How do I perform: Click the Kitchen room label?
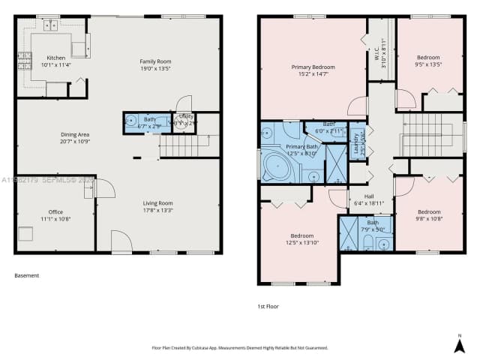point(56,58)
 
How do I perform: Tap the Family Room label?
point(156,61)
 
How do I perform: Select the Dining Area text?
point(75,135)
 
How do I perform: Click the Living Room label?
point(158,203)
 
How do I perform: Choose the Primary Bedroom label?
point(313,67)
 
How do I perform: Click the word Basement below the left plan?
point(26,276)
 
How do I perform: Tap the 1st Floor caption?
point(268,306)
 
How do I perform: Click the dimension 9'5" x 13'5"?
point(428,64)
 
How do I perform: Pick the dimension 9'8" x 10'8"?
point(428,218)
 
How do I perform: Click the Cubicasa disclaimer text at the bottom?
point(239,348)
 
